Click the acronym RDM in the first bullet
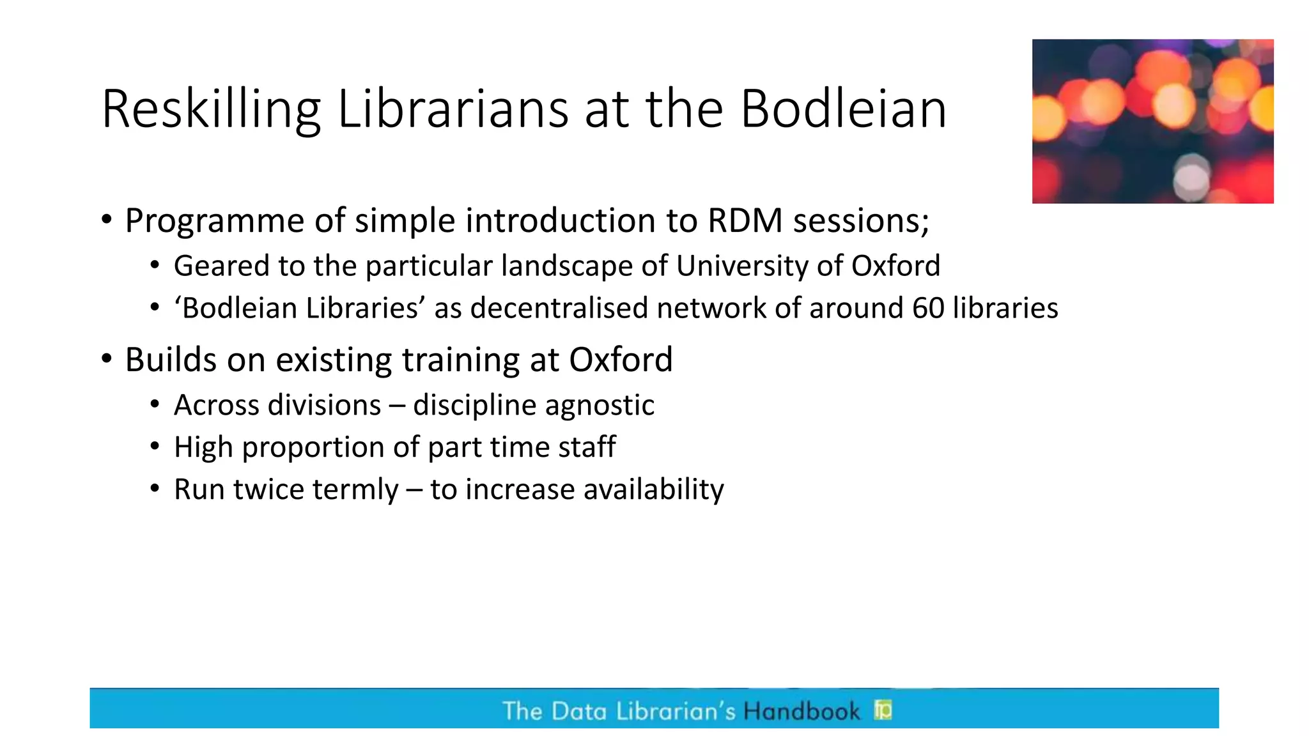(x=745, y=221)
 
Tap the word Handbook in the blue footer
(x=802, y=711)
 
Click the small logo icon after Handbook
(x=883, y=710)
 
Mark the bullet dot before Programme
(x=107, y=220)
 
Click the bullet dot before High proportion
(x=155, y=446)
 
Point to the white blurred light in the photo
(x=1191, y=176)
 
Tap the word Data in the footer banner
(x=578, y=711)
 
